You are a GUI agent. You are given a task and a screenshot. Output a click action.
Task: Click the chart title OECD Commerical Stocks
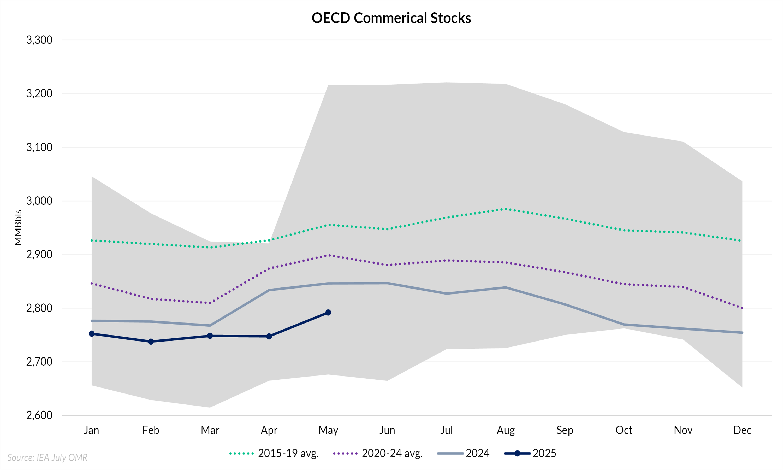tap(391, 18)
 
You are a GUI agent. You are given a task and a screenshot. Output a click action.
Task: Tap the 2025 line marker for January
tap(92, 333)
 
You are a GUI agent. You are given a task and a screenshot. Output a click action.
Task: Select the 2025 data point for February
tap(151, 342)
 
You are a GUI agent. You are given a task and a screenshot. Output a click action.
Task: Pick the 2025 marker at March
tap(210, 336)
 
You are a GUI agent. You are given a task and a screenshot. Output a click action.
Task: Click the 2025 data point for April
tap(269, 336)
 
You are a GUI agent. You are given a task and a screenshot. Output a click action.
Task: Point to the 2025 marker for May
tap(328, 313)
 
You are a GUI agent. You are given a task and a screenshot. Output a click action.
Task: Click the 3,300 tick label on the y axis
tap(39, 40)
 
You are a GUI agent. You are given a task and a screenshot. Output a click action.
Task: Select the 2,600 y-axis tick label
tap(39, 415)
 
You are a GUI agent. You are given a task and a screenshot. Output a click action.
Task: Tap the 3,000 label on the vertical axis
tap(39, 201)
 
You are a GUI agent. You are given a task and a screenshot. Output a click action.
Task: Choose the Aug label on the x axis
tap(506, 430)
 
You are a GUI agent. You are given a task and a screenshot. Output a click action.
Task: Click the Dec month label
tap(742, 430)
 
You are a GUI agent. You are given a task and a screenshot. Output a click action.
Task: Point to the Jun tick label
tap(387, 430)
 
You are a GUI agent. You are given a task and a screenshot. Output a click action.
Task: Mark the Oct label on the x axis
tap(624, 430)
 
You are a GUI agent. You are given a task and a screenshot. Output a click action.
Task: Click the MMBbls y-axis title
tap(18, 227)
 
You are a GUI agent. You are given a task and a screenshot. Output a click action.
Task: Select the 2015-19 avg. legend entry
tap(274, 454)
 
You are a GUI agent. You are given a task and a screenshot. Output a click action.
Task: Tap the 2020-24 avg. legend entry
tap(378, 454)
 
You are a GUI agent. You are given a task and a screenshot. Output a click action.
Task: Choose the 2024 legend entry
tap(463, 454)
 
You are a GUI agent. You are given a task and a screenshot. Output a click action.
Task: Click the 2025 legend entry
tap(530, 454)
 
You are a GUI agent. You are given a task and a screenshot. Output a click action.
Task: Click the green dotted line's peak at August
tap(506, 209)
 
